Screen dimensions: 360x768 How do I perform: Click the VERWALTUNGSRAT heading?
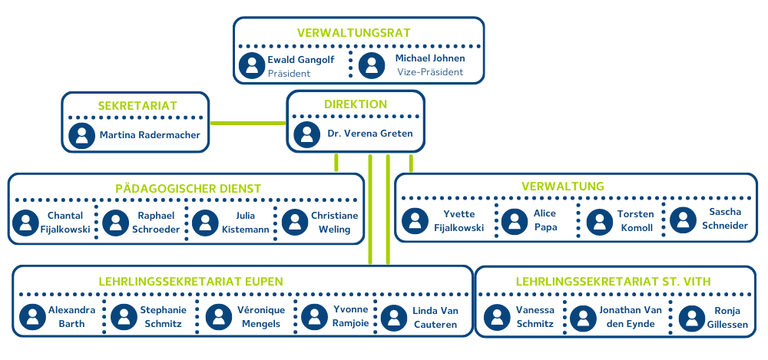(x=354, y=33)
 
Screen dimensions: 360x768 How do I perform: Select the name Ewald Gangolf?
(x=300, y=59)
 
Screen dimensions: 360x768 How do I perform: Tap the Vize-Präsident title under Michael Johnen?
(x=430, y=72)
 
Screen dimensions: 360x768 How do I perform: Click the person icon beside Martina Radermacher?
(x=81, y=135)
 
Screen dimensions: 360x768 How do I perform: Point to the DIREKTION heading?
(x=356, y=104)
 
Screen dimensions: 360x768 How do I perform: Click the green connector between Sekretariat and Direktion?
(x=248, y=122)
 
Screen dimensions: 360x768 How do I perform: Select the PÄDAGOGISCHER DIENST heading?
(x=188, y=189)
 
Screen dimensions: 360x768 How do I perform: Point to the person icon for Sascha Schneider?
(x=683, y=220)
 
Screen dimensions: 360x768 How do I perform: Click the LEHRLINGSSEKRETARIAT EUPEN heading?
(x=191, y=281)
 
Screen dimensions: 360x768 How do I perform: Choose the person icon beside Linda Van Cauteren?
(x=394, y=318)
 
